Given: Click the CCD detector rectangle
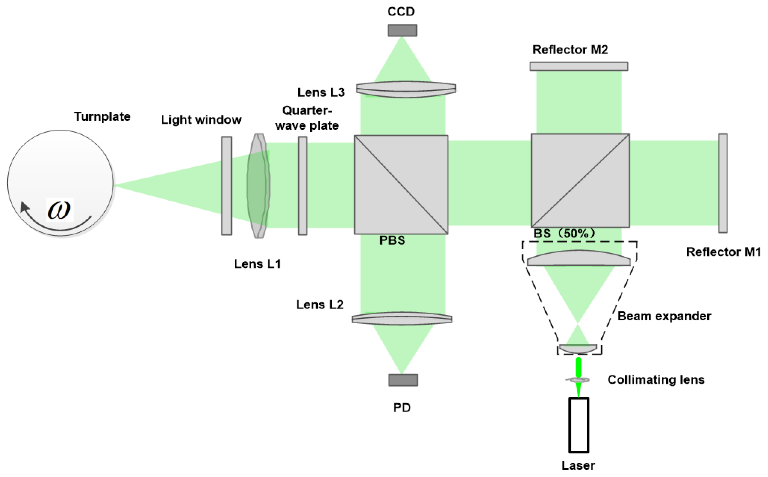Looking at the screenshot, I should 402,30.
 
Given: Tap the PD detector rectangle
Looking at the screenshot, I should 403,380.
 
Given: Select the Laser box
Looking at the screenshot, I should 579,425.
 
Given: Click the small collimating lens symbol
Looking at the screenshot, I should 578,380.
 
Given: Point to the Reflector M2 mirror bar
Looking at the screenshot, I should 579,66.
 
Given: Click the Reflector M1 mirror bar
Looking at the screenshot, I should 723,183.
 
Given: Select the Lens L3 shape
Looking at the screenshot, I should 406,89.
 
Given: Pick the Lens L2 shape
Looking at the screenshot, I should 402,319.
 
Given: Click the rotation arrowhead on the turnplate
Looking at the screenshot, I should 24,207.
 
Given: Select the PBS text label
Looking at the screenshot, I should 392,240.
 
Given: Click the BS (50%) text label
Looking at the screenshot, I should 564,234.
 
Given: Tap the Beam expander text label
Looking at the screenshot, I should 664,316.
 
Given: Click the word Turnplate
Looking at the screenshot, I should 102,117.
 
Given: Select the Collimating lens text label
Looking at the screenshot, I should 656,380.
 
